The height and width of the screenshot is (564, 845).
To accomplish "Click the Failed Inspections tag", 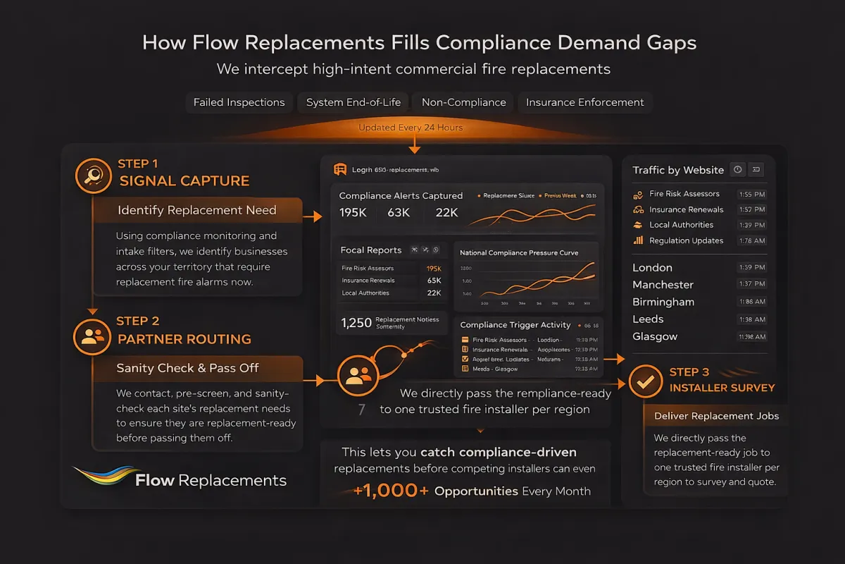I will (239, 102).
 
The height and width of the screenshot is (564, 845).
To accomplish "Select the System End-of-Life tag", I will (353, 102).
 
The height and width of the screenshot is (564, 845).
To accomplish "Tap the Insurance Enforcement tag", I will (584, 102).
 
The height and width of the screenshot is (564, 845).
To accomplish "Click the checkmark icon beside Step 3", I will (644, 381).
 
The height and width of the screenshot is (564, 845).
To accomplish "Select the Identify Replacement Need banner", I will (197, 210).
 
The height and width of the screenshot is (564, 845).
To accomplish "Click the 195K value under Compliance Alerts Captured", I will (353, 213).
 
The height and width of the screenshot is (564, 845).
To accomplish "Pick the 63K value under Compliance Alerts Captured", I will (398, 213).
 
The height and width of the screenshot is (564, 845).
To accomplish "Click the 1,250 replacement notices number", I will (356, 323).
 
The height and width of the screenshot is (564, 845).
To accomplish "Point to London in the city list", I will (652, 268).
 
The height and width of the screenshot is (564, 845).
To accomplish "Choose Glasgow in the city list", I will (655, 336).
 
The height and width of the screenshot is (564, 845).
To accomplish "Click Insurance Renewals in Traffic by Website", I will (686, 209).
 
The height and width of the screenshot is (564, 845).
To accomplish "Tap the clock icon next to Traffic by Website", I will (737, 169).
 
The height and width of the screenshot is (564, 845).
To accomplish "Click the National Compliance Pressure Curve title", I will (519, 252).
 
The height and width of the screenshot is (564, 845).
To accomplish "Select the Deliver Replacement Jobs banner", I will (716, 416).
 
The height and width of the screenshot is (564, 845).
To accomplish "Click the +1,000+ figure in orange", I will (391, 491).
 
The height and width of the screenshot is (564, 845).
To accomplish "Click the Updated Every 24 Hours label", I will (411, 128).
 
